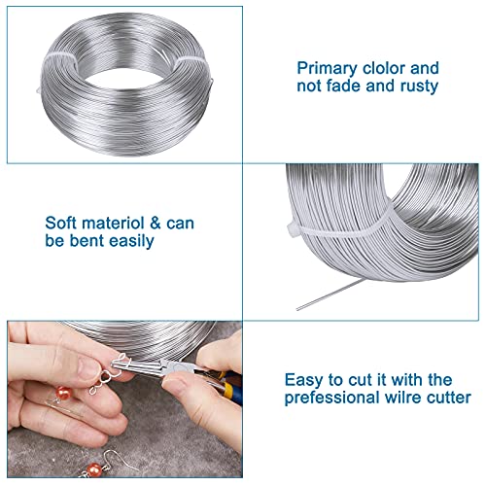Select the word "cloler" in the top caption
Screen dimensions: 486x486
click(386, 68)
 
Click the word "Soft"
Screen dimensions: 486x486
click(63, 222)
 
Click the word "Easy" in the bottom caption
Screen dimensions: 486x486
click(305, 379)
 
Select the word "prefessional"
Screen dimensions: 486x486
click(330, 397)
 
